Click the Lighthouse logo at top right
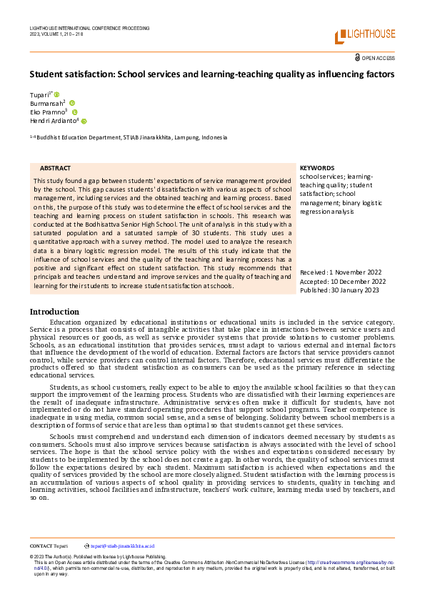tap(364, 36)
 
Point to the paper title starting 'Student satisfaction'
tap(211, 74)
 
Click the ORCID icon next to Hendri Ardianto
tap(84, 122)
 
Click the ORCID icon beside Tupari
tap(56, 94)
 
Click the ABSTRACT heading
tap(55, 167)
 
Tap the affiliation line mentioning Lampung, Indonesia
tap(129, 137)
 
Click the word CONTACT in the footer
tap(41, 545)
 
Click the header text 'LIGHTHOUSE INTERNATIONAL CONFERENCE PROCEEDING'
tap(89, 28)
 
